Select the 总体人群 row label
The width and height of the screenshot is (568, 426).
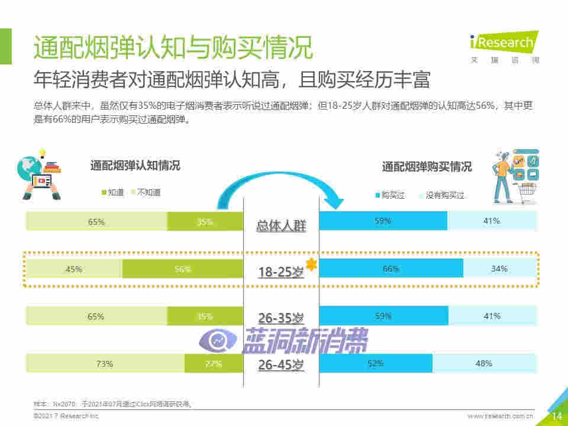pos(281,225)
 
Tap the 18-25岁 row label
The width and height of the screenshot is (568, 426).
pos(280,272)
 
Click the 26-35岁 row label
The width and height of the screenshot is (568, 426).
pos(280,318)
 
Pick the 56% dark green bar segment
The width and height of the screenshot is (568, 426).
pos(183,269)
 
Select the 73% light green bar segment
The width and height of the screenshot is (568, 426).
pos(105,363)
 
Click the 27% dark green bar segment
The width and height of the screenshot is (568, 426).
pos(214,363)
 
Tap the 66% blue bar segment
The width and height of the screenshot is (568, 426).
pos(391,269)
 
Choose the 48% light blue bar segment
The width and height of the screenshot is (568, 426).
pos(485,363)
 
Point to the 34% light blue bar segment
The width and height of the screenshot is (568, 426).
pos(500,269)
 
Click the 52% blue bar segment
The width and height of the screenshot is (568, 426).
pos(376,363)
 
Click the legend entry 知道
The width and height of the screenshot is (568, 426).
pos(112,192)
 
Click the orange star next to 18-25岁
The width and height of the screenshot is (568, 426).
pos(311,265)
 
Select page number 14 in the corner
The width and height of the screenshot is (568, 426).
pos(556,416)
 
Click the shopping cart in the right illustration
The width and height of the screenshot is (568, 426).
pos(525,192)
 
